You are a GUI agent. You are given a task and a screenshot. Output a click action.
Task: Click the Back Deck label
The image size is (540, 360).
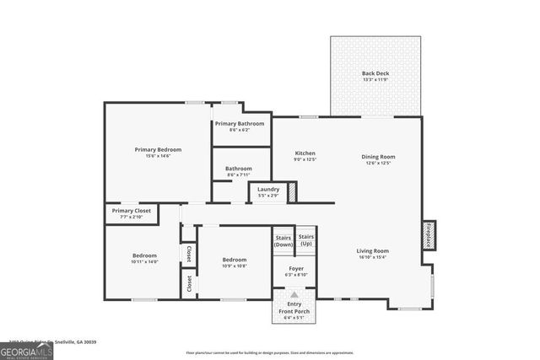(x=375, y=73)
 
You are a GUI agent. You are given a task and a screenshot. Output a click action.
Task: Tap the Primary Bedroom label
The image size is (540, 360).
(x=158, y=149)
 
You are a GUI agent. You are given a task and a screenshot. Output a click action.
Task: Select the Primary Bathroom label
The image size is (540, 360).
(x=240, y=123)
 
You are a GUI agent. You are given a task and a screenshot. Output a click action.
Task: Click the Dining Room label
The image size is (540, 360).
(x=378, y=156)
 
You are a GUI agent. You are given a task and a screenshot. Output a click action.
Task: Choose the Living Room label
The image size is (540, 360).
(x=372, y=250)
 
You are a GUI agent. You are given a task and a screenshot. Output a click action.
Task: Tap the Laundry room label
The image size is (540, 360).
(x=268, y=189)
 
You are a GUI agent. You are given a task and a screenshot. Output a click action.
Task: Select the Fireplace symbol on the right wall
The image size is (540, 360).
(x=428, y=235)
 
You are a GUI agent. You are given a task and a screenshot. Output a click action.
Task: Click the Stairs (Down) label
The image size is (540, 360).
(x=283, y=240)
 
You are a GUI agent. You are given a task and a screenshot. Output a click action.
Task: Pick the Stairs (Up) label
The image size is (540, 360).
(x=305, y=239)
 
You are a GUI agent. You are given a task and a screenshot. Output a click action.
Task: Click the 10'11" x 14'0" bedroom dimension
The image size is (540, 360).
(x=144, y=262)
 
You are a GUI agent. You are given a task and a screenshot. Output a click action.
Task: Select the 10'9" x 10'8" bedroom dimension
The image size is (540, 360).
(x=234, y=266)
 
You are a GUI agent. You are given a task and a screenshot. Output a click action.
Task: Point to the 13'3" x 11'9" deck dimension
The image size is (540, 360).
(x=375, y=80)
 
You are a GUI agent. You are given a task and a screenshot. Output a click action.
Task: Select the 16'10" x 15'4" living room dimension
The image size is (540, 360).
(x=372, y=257)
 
